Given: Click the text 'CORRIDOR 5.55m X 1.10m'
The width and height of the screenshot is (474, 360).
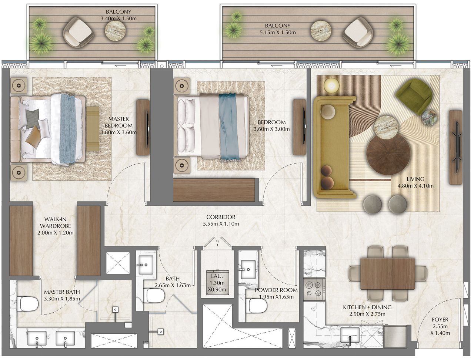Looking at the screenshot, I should (x=221, y=221).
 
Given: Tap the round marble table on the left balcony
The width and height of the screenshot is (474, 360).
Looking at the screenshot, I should (x=116, y=30).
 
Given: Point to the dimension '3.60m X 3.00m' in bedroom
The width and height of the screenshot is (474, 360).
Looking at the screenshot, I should (x=271, y=129).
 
